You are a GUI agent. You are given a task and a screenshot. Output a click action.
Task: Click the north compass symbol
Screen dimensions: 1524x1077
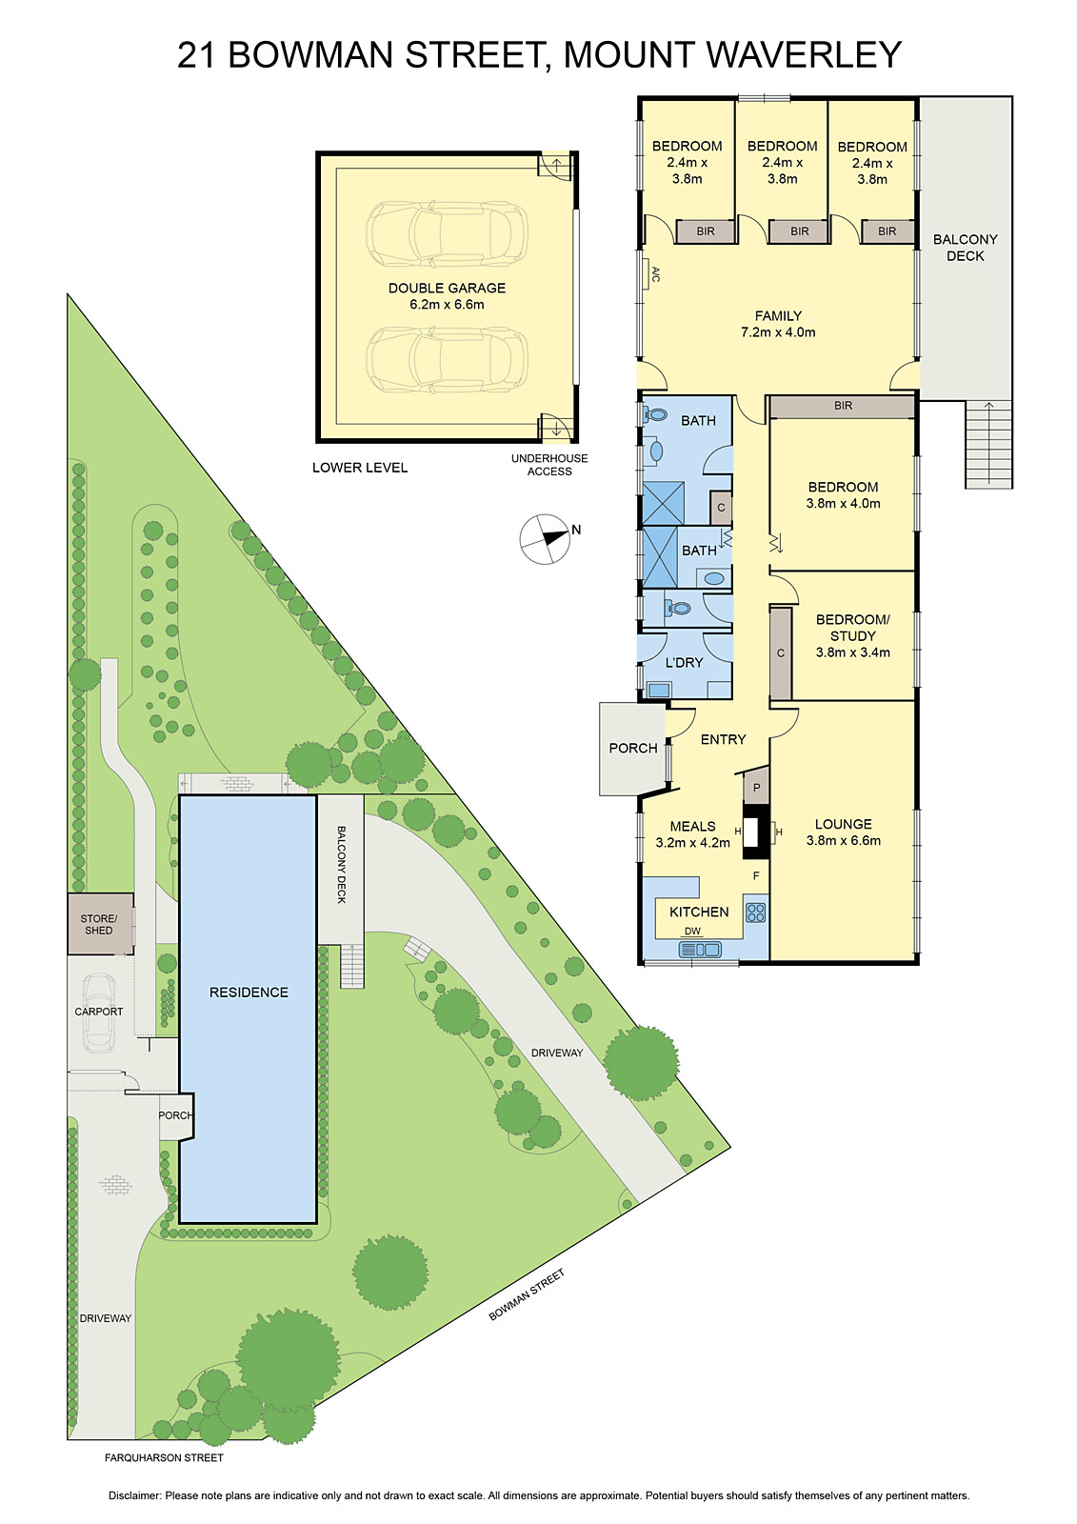pyautogui.click(x=545, y=539)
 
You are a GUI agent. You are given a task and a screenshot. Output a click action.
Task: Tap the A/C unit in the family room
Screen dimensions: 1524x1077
pyautogui.click(x=646, y=274)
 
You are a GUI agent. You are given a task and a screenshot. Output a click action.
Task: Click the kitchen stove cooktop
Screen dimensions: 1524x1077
pyautogui.click(x=756, y=912)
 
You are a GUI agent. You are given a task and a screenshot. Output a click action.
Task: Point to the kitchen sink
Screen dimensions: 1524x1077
pyautogui.click(x=699, y=950)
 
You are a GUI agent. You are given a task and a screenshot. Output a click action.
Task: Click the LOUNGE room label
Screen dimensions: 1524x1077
pyautogui.click(x=843, y=825)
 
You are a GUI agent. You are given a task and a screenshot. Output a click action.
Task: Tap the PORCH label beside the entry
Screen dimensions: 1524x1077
pyautogui.click(x=633, y=749)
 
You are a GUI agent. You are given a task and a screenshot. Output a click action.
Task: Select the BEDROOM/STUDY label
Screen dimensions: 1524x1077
pyautogui.click(x=852, y=628)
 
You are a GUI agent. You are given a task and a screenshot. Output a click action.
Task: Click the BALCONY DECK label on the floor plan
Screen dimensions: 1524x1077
pyautogui.click(x=965, y=248)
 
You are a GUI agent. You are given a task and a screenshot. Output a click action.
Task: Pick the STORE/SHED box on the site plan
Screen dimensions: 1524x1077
pyautogui.click(x=99, y=925)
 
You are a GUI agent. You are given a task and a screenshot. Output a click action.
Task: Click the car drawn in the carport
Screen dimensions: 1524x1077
pyautogui.click(x=99, y=1013)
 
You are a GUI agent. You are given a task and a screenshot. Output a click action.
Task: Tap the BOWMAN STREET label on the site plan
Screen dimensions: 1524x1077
pyautogui.click(x=527, y=1294)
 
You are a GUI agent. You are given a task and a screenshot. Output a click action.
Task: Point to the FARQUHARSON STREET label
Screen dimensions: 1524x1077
pyautogui.click(x=164, y=1457)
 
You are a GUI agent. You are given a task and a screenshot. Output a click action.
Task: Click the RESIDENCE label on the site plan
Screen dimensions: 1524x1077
pyautogui.click(x=249, y=993)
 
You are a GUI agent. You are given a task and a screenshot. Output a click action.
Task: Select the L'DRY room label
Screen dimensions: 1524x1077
pyautogui.click(x=684, y=663)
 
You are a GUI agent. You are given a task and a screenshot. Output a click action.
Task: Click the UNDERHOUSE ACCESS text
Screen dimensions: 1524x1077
pyautogui.click(x=549, y=465)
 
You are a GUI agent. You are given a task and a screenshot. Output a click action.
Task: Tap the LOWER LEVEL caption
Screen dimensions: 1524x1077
pyautogui.click(x=360, y=468)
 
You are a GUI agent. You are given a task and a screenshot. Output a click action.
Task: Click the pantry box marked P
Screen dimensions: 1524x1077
pyautogui.click(x=757, y=788)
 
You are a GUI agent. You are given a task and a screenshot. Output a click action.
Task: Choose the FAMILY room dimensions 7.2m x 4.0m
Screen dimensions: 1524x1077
pyautogui.click(x=778, y=332)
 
